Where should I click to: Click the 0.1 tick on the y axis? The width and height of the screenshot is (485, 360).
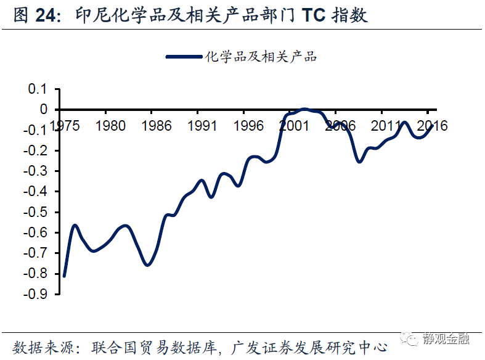[38, 89]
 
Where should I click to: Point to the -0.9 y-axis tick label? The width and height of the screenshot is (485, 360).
[36, 294]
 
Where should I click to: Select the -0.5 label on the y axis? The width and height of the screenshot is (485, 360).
[36, 212]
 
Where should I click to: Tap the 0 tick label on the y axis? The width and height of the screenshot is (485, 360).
[43, 109]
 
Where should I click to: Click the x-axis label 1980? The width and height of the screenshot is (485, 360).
[110, 126]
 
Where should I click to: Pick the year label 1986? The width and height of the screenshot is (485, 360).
[156, 126]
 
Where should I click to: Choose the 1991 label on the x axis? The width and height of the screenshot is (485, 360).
[202, 126]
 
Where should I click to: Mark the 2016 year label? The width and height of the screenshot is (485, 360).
[431, 126]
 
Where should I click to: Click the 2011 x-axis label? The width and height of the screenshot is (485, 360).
[386, 126]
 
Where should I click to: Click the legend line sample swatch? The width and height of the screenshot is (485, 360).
[184, 57]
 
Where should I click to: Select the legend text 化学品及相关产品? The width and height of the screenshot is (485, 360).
[260, 57]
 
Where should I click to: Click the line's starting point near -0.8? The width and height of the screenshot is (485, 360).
[65, 276]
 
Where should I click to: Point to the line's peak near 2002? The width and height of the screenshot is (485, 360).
[304, 109]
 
